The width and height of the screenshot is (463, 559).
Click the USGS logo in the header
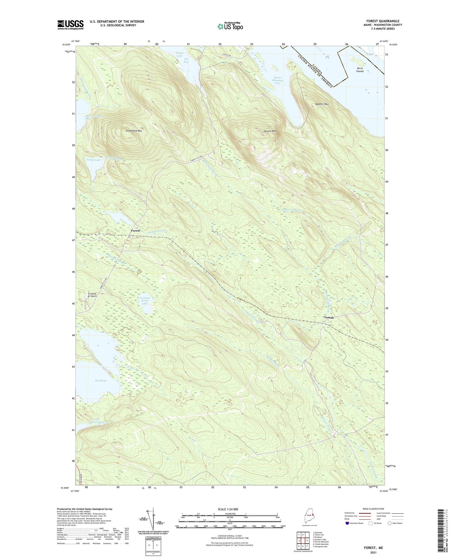(x=70, y=25)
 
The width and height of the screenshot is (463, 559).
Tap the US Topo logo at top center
(x=229, y=27)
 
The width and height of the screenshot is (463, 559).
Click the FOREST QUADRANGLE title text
(x=383, y=21)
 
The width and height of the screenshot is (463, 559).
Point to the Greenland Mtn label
(x=134, y=131)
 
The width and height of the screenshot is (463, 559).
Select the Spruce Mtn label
(x=270, y=131)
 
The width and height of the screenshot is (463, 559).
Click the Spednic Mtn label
(x=322, y=104)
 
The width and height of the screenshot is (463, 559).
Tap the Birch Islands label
(x=360, y=70)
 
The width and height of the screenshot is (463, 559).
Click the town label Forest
(x=135, y=231)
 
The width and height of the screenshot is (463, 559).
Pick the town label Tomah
(x=329, y=318)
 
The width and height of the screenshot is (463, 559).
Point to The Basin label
(x=100, y=381)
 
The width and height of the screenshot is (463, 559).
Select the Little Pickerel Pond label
(x=99, y=421)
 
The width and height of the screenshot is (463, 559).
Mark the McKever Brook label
(x=291, y=210)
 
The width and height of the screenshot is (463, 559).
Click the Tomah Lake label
(x=93, y=159)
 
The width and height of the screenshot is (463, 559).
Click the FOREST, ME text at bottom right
(x=373, y=548)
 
